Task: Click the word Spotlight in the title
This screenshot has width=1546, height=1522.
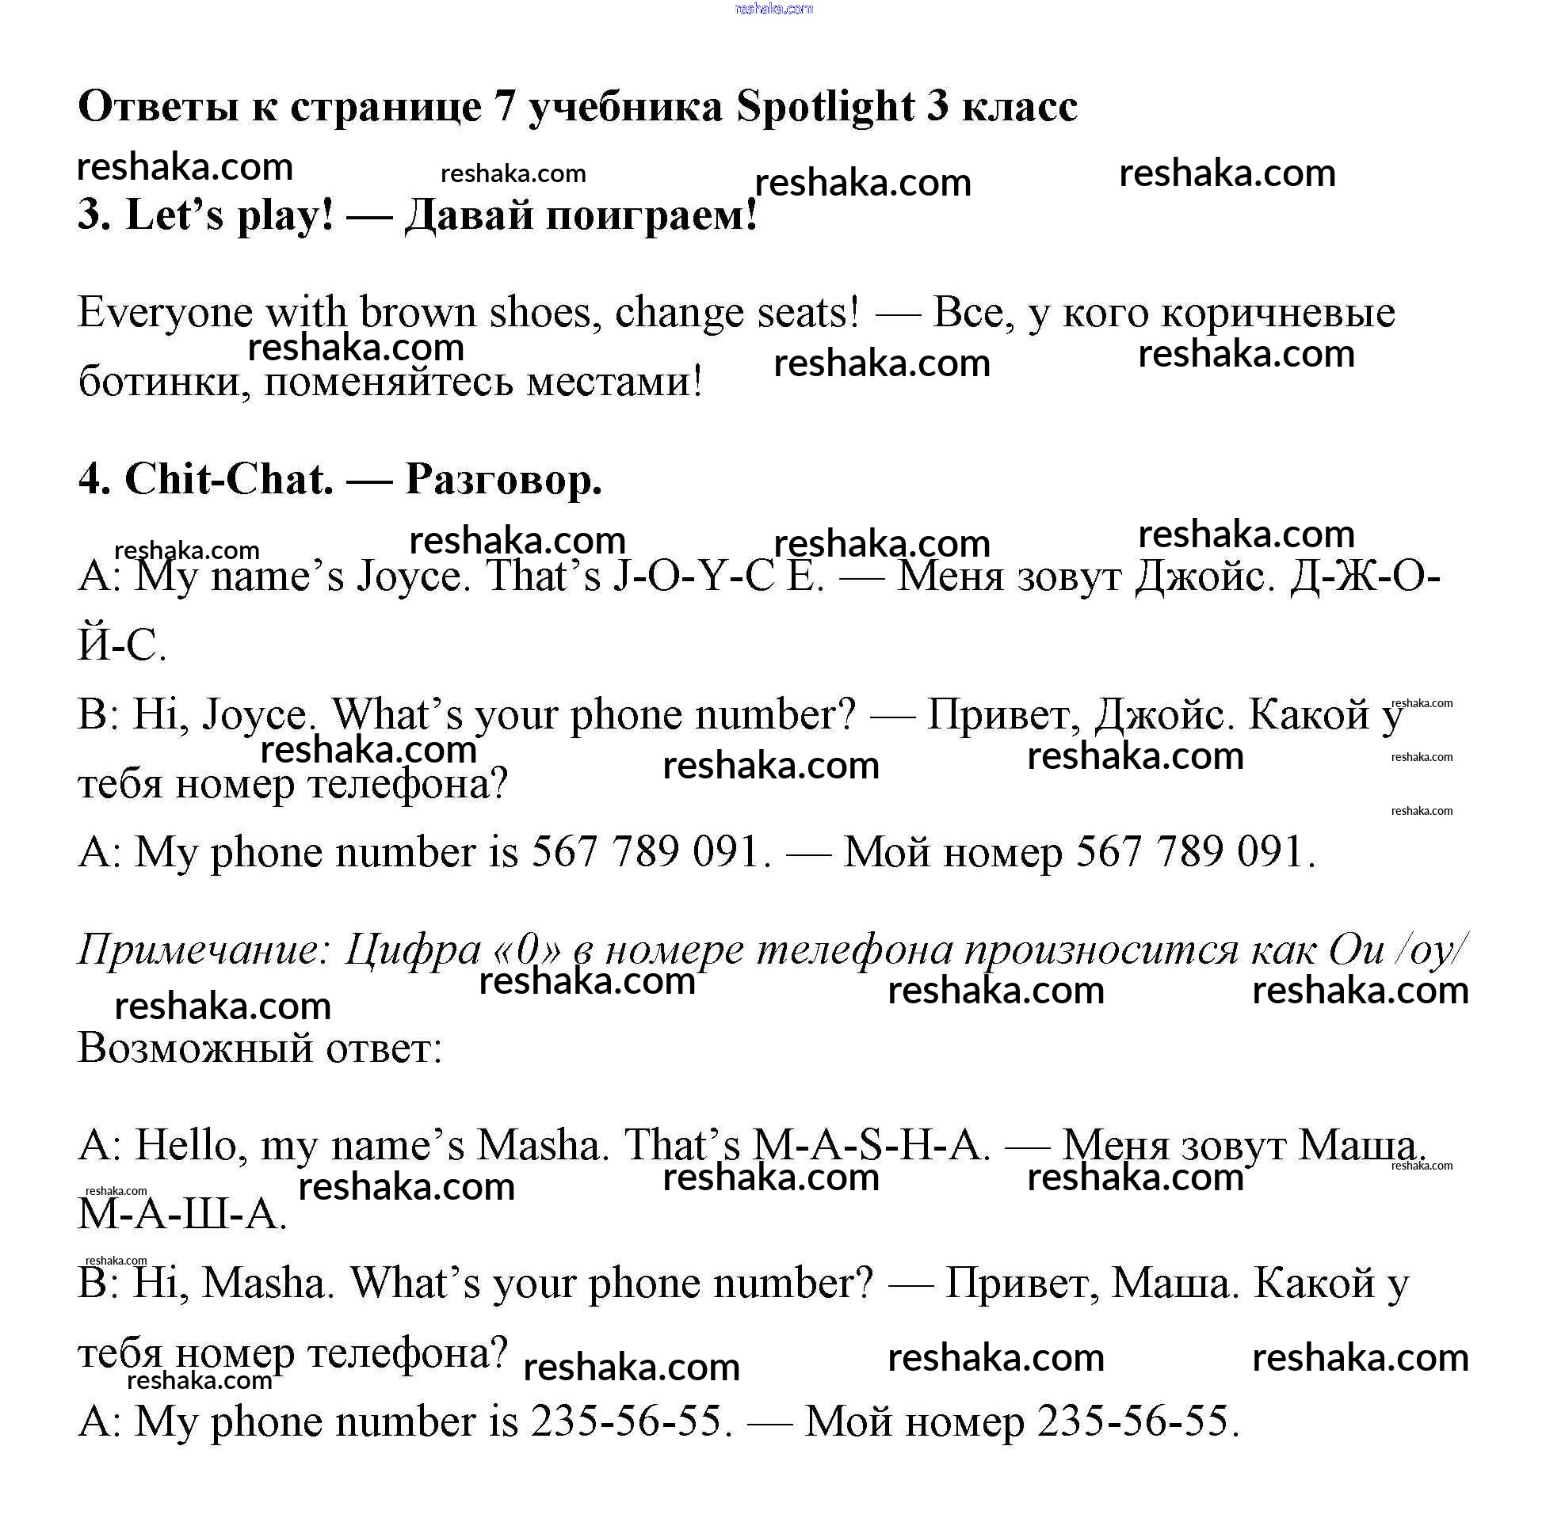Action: click(824, 107)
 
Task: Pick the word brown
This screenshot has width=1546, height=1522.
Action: click(418, 313)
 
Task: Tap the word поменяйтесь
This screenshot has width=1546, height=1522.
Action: click(388, 382)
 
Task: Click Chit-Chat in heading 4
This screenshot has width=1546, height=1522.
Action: click(229, 481)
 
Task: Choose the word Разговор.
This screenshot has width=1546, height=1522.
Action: click(503, 481)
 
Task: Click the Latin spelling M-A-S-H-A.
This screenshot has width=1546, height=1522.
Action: click(870, 1146)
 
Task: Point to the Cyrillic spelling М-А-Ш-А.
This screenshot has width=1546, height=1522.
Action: click(181, 1215)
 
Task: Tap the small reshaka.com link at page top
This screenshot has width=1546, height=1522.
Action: click(773, 9)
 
